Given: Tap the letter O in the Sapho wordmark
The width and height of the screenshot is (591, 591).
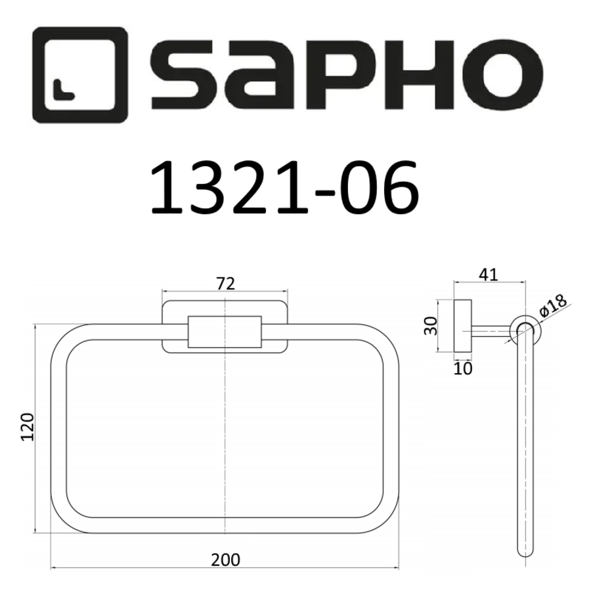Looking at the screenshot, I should click(502, 76).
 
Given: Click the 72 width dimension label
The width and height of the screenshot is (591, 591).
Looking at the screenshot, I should click(225, 283).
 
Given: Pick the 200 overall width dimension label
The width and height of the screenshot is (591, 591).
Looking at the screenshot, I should click(225, 559).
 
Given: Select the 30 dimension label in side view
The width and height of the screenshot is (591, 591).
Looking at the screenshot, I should click(431, 324).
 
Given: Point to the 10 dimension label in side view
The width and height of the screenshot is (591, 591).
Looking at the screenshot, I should click(463, 368).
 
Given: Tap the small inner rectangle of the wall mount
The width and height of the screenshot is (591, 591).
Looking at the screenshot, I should click(225, 332).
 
